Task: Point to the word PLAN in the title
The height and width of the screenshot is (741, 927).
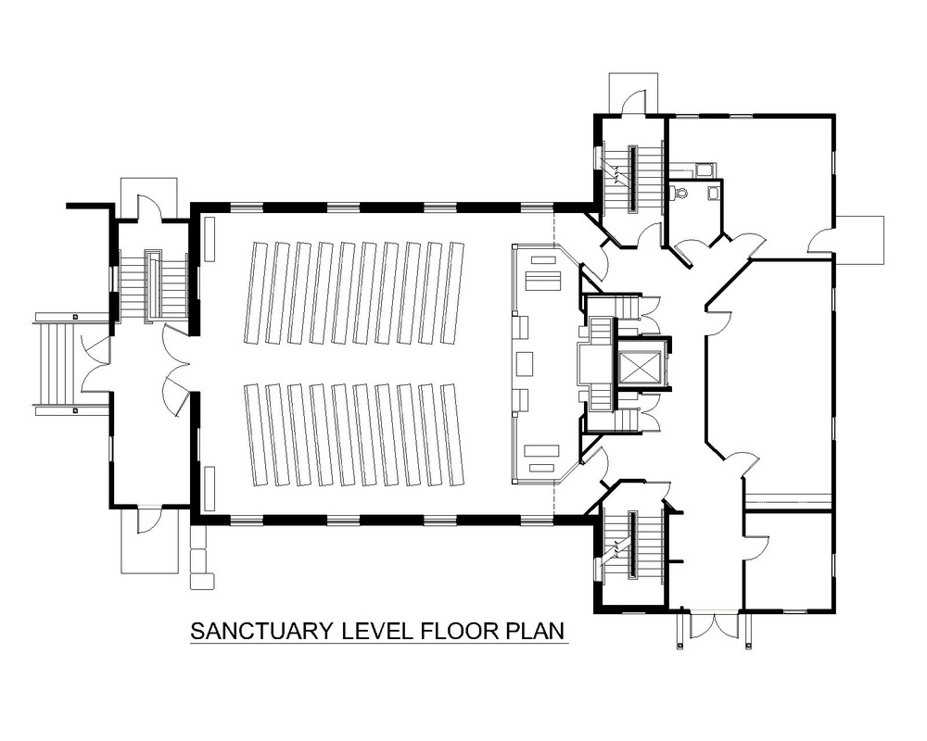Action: [536, 631]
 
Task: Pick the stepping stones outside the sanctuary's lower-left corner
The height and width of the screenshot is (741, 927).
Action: [200, 557]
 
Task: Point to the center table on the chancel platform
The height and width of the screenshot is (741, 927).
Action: [525, 363]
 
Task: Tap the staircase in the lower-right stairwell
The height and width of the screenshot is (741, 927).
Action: [632, 545]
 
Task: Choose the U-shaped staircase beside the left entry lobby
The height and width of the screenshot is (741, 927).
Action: [154, 285]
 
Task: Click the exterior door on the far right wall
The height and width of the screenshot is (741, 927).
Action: [821, 239]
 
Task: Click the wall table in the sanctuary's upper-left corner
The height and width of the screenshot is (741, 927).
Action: [210, 239]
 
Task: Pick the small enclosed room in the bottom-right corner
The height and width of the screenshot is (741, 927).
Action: [787, 561]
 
